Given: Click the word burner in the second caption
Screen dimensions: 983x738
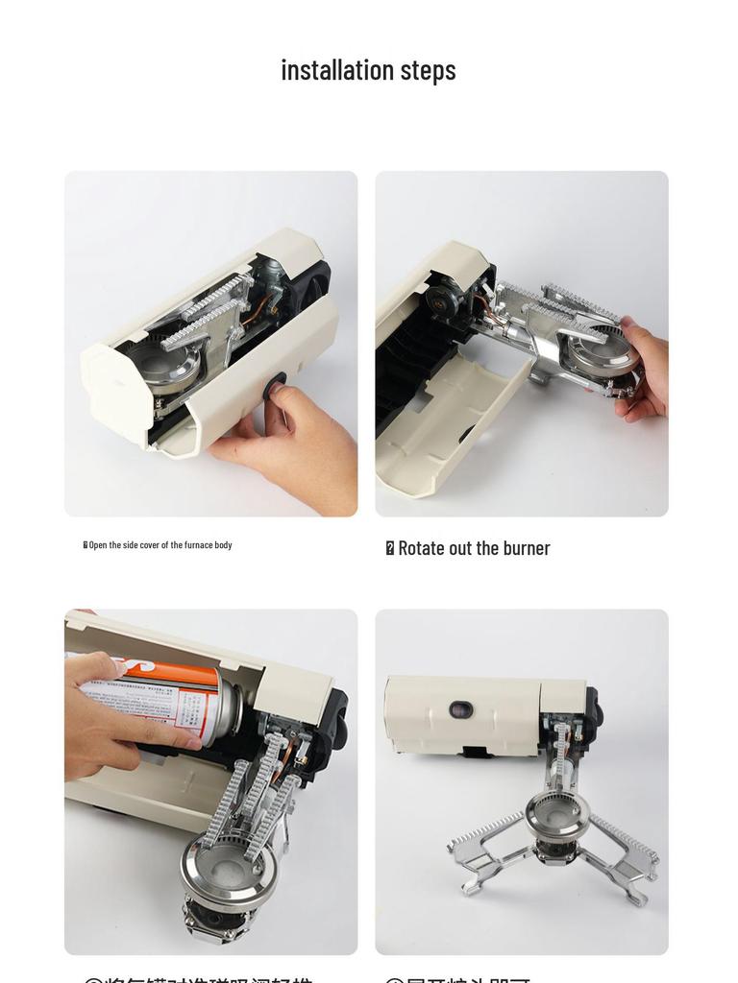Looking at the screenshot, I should coord(525,548).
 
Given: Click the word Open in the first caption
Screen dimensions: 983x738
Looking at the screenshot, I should coord(98,545).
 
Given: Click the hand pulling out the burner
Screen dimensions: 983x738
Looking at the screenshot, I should coord(646,370).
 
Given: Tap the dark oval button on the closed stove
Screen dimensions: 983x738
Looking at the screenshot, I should coord(461,709).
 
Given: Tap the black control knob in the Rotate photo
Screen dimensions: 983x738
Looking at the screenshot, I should coord(445,300).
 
